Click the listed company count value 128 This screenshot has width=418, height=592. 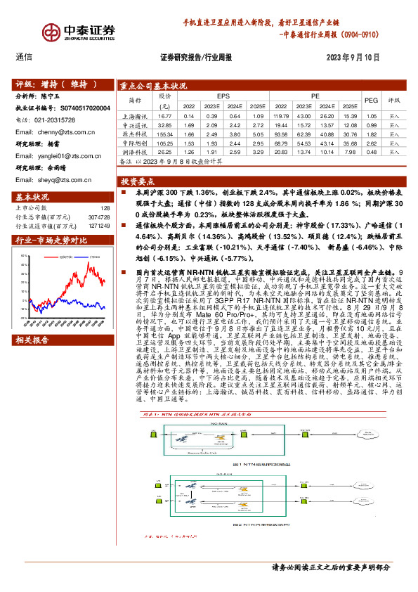pos(104,208)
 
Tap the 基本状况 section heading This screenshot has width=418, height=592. pos(33,197)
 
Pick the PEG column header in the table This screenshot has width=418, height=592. pos(371,100)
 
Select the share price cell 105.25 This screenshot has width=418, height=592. pos(164,142)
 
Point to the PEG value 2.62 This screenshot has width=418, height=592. pos(371,142)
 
